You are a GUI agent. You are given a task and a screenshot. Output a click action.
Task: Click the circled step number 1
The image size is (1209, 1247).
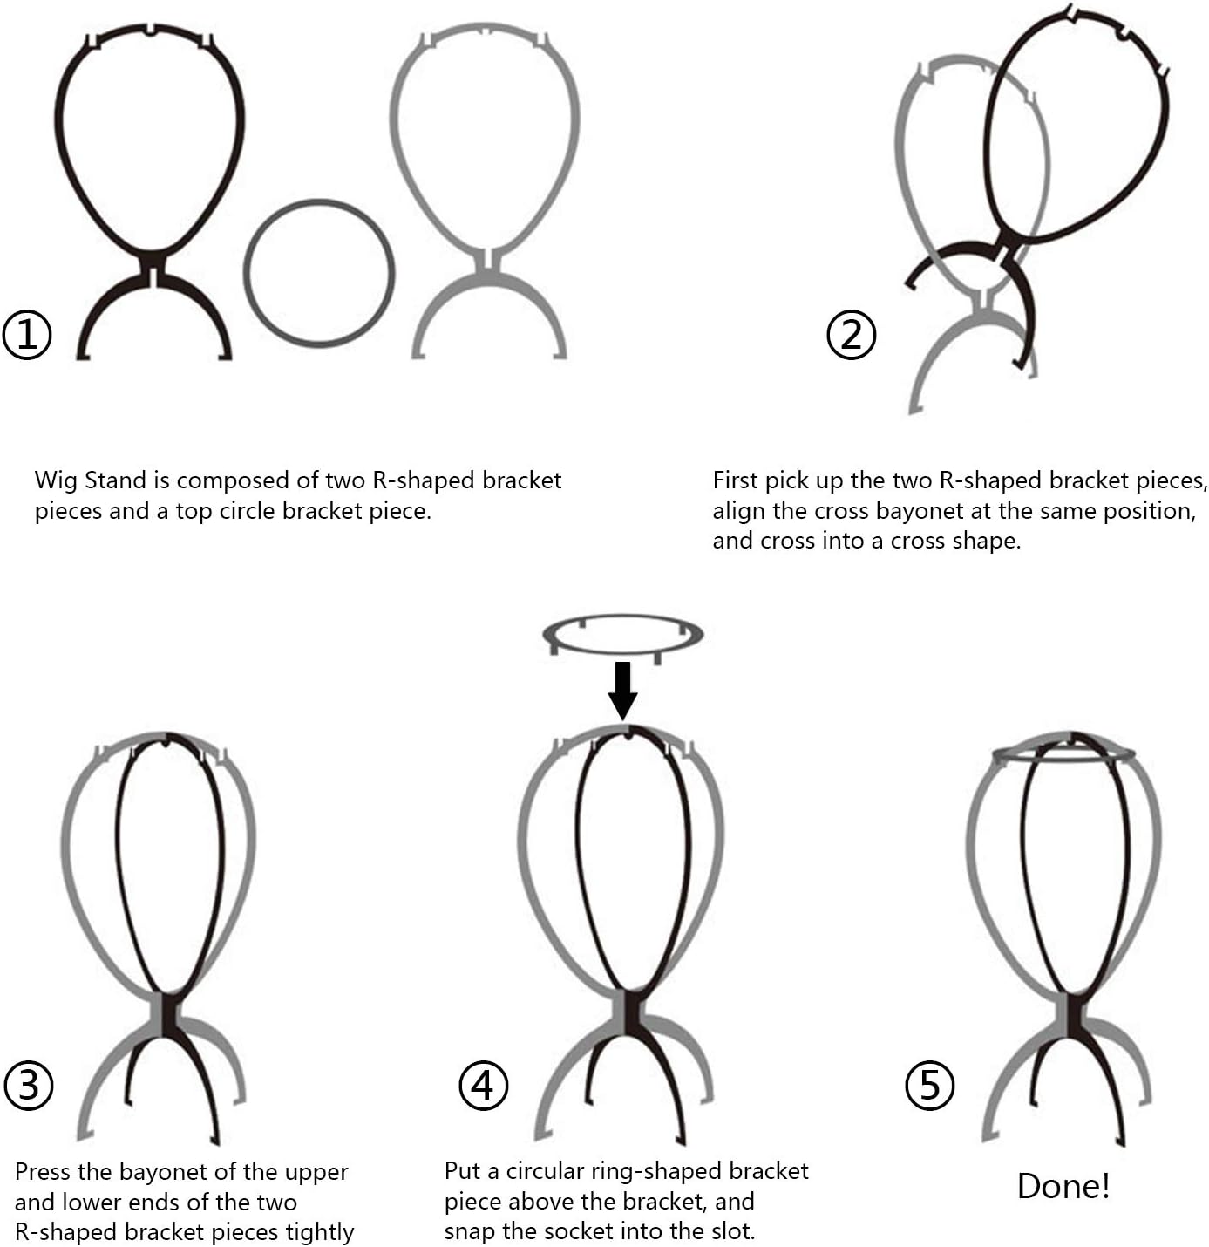27,335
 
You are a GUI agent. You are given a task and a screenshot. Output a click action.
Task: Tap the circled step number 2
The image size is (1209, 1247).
851,335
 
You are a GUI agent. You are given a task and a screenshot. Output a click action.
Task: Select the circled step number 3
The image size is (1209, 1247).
29,1085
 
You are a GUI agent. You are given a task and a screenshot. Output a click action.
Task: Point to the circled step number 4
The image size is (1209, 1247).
483,1085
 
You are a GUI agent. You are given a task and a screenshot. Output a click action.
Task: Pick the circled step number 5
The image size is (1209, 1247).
930,1085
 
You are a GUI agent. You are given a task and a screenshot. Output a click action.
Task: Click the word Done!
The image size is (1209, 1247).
1063,1186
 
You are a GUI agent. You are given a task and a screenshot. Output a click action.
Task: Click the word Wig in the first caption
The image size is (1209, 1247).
56,481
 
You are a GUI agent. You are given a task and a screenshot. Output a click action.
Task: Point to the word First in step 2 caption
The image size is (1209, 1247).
736,480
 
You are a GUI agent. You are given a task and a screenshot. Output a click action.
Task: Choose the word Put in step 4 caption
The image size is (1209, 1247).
461,1170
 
